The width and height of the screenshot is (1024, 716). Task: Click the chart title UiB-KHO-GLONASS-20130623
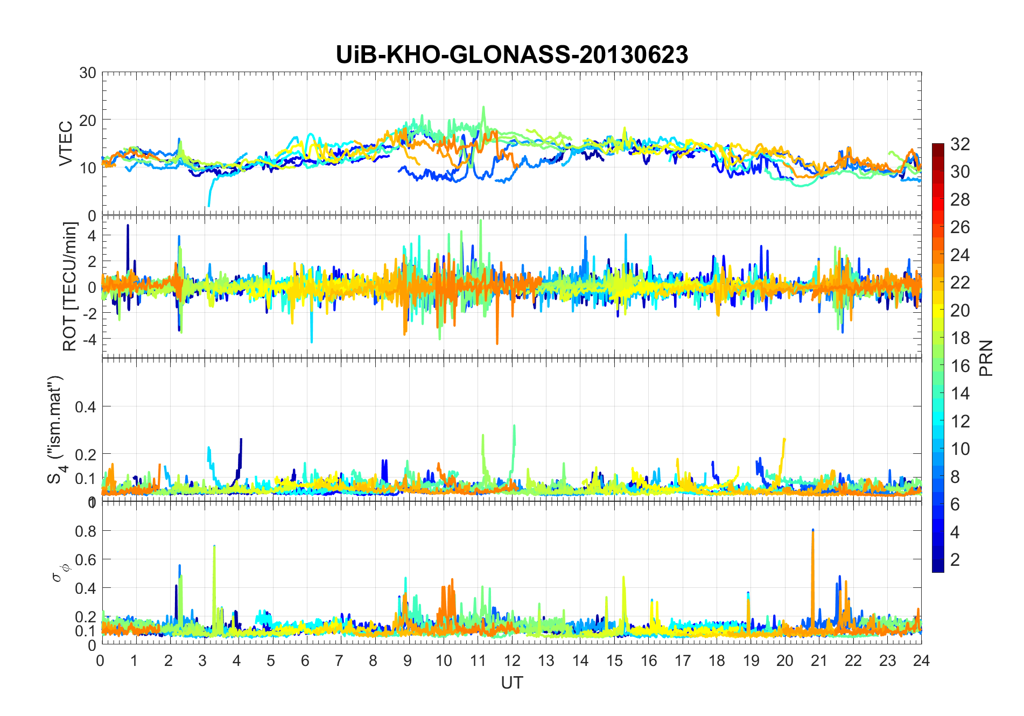click(511, 54)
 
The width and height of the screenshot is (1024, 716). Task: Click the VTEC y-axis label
click(66, 144)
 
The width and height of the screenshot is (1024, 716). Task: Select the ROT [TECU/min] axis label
click(70, 286)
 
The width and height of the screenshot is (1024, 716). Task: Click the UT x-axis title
click(511, 683)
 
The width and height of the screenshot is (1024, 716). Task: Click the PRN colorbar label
click(986, 358)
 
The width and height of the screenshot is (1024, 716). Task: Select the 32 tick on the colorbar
click(960, 144)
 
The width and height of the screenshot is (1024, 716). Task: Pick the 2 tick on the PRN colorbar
click(955, 560)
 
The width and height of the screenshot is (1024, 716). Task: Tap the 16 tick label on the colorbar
click(960, 366)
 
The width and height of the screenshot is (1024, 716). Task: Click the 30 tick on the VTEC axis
click(87, 73)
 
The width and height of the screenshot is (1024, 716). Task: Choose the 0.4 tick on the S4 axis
click(85, 406)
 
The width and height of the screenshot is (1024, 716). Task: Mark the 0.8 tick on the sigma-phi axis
click(85, 531)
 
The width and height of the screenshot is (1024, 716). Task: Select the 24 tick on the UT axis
click(921, 661)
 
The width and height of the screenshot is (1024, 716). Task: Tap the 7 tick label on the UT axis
click(339, 661)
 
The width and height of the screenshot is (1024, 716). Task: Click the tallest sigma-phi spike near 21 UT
click(812, 531)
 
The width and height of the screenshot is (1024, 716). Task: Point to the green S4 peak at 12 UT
click(515, 426)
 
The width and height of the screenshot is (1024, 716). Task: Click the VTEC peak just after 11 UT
click(483, 107)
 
